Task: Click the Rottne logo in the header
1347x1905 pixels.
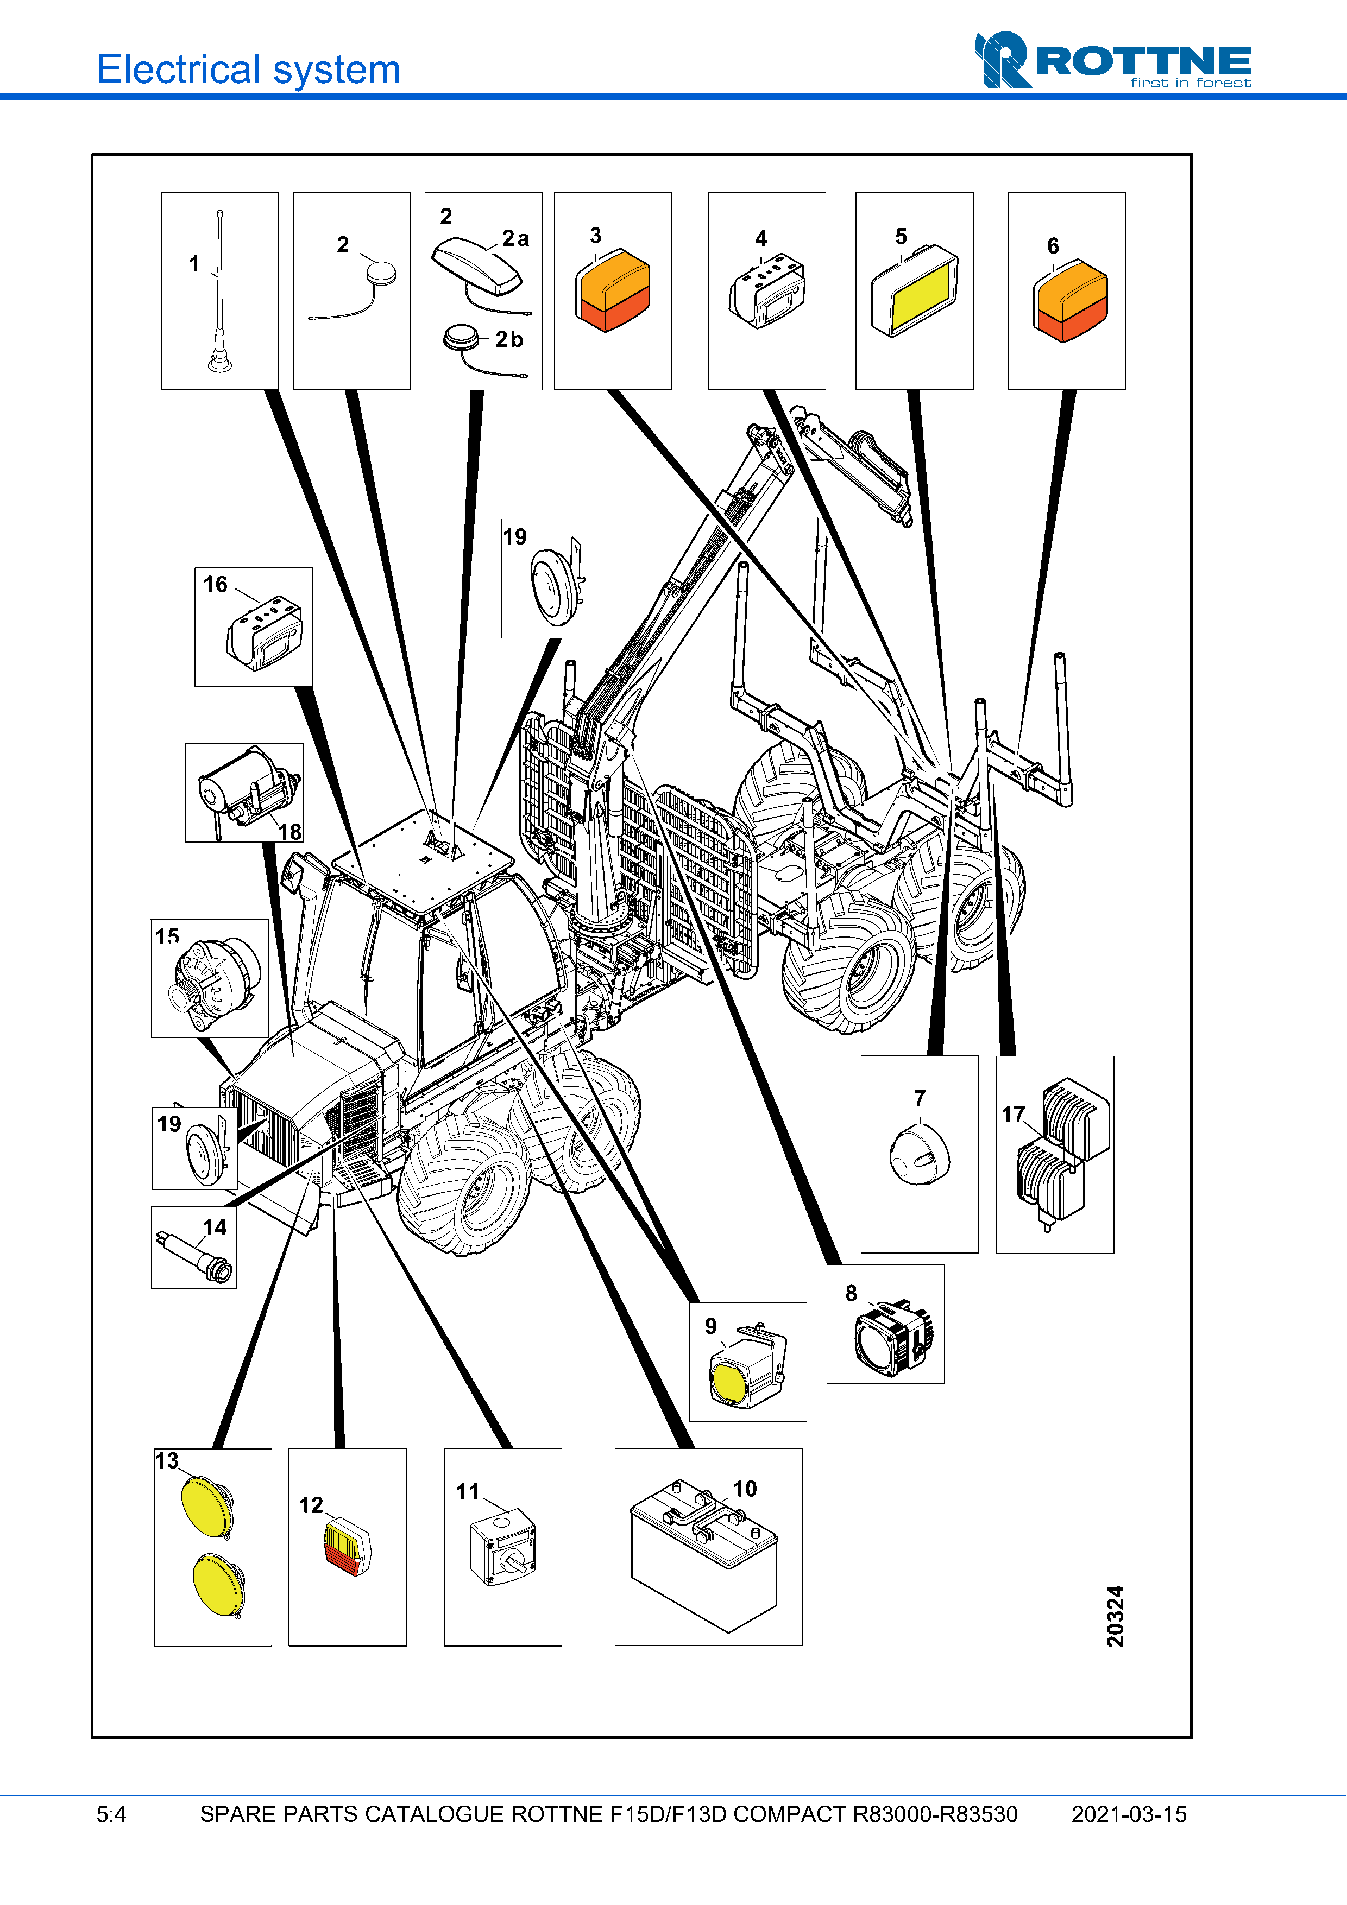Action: [x=1112, y=61]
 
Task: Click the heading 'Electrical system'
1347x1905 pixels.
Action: [x=249, y=69]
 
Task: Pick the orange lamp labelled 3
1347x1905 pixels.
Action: [x=613, y=290]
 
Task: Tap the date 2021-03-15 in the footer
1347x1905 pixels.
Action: [x=1129, y=1814]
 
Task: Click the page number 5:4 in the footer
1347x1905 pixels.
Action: [x=111, y=1814]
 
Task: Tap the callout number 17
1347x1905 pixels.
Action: [x=1012, y=1115]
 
